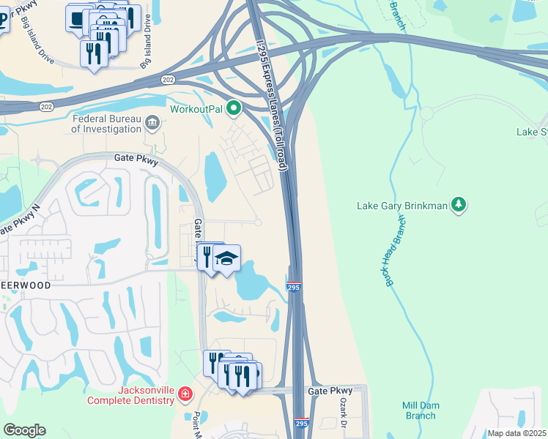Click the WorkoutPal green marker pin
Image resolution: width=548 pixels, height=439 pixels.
pyautogui.click(x=234, y=109)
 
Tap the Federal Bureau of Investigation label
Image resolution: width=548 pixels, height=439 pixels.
pyautogui.click(x=106, y=124)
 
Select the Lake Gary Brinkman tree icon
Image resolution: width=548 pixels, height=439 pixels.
pyautogui.click(x=459, y=205)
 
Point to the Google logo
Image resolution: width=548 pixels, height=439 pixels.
pyautogui.click(x=24, y=430)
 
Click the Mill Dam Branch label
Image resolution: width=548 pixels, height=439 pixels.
pyautogui.click(x=420, y=410)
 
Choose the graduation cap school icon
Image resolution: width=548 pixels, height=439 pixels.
pyautogui.click(x=227, y=258)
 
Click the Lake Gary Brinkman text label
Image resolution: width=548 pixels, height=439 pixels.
pyautogui.click(x=401, y=206)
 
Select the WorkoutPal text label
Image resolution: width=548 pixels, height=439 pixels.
pyautogui.click(x=196, y=109)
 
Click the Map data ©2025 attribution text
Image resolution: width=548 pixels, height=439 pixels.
pyautogui.click(x=517, y=433)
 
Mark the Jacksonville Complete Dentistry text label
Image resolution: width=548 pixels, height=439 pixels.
pyautogui.click(x=132, y=395)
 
